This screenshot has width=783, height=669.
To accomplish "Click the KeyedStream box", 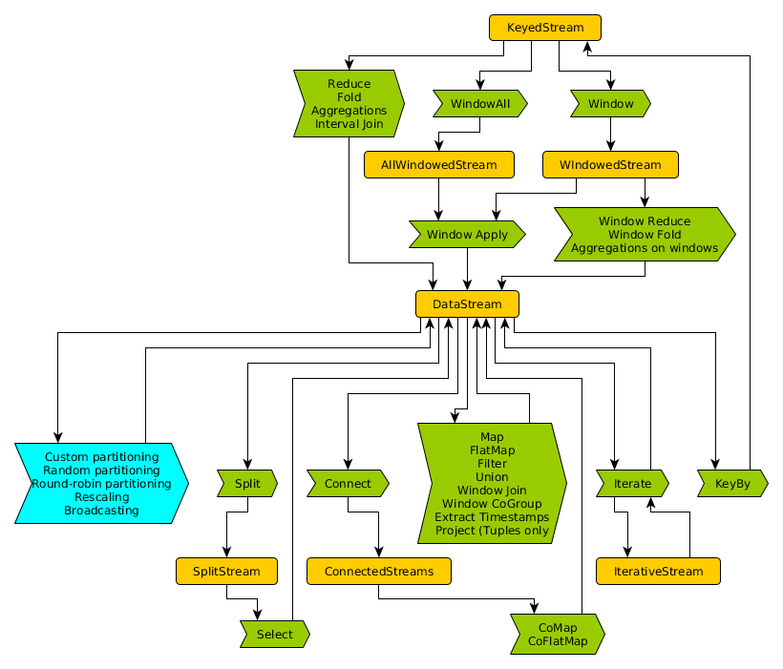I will tap(545, 28).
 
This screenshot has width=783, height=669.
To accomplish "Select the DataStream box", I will tap(467, 304).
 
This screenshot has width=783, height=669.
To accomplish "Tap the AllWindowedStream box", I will tap(438, 165).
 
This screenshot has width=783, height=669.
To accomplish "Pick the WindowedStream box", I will tap(610, 165).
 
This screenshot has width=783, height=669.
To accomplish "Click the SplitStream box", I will tap(226, 572).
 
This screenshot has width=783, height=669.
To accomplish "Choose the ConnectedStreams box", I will tap(378, 572).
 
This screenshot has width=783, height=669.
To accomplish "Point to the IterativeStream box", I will tap(657, 572).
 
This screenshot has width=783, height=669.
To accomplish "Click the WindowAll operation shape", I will tap(480, 103).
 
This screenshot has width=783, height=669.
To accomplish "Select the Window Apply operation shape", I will tap(467, 234).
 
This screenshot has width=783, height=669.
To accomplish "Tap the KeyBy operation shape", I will tap(732, 484).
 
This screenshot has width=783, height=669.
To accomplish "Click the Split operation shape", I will tap(247, 484).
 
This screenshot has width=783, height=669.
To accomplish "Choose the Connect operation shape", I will tap(348, 484).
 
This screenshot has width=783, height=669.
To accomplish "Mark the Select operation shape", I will tap(274, 634).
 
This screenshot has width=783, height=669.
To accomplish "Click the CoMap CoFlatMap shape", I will tap(558, 634).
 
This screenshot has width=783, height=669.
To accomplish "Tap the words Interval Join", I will tap(349, 124).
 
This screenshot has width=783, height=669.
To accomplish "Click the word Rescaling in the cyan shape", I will tap(101, 497).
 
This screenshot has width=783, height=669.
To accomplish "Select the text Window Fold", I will tap(644, 235).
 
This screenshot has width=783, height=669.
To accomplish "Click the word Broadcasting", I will tap(101, 511).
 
